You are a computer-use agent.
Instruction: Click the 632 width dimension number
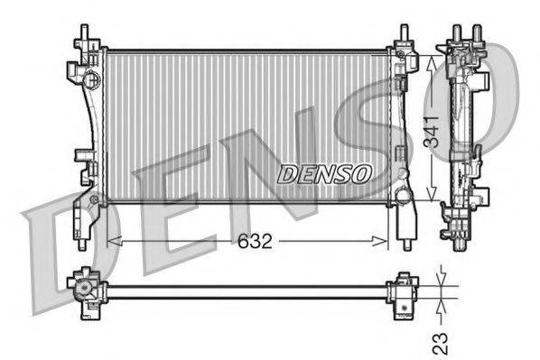(x=255, y=241)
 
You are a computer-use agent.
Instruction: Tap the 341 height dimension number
(x=431, y=132)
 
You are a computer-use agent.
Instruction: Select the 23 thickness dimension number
(x=441, y=343)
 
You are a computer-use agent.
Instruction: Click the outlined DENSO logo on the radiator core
(x=325, y=174)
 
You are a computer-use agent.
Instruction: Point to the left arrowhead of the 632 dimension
(x=115, y=241)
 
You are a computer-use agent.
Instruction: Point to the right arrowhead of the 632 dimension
(x=380, y=241)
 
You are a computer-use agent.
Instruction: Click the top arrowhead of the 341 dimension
(x=431, y=63)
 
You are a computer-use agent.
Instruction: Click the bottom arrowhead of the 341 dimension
(x=431, y=193)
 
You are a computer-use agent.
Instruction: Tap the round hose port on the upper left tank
(x=91, y=78)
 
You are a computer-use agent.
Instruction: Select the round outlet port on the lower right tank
(x=402, y=195)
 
